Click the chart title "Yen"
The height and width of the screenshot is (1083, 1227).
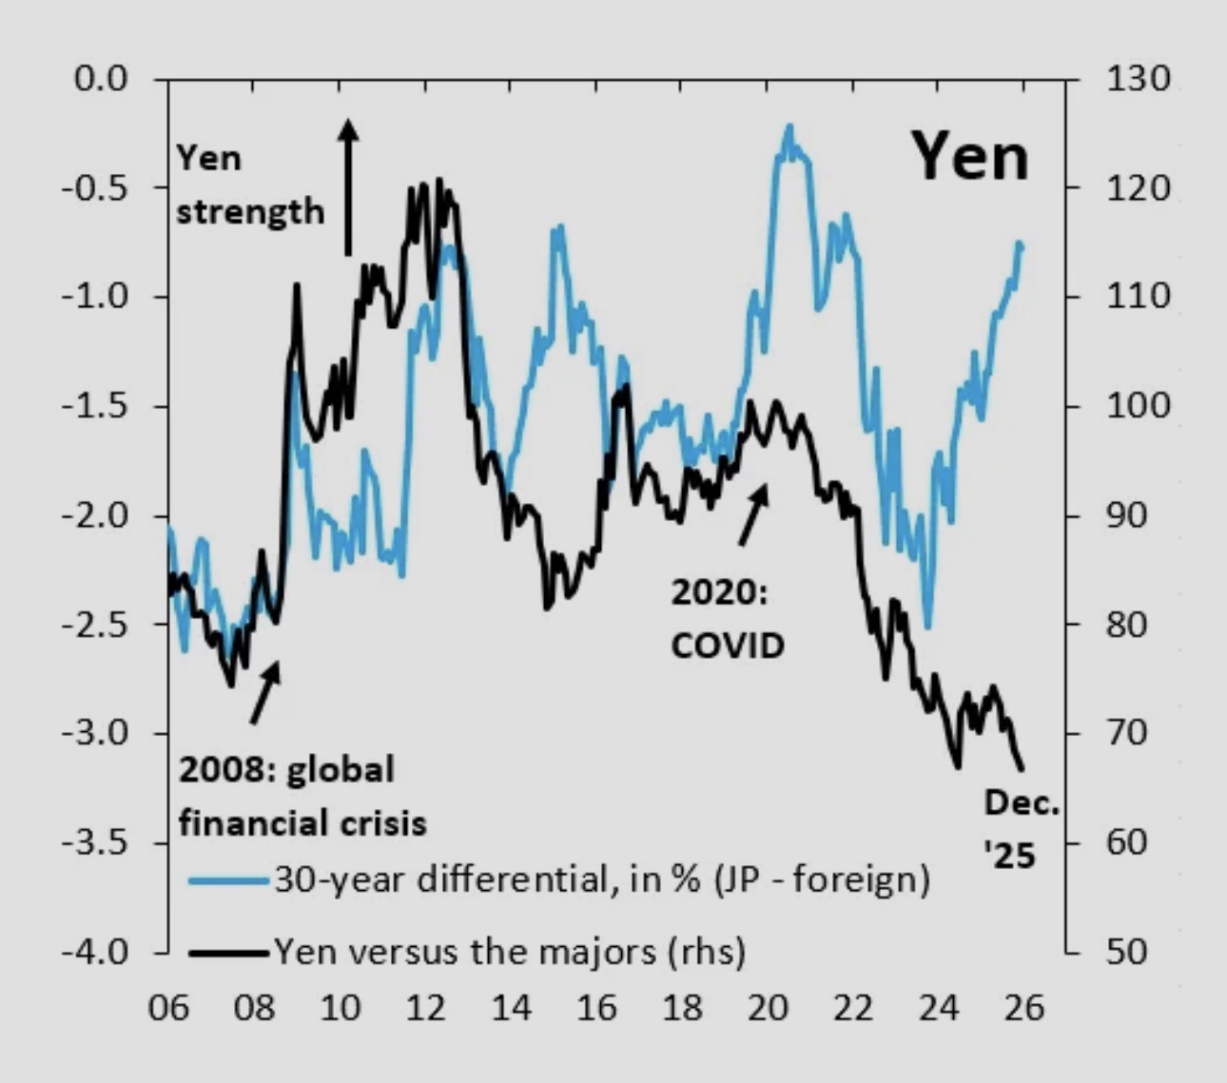[971, 157]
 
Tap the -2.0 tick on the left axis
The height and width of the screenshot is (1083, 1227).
[95, 515]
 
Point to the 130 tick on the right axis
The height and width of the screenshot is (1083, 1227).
[1138, 78]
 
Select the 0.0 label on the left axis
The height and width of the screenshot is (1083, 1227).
[101, 78]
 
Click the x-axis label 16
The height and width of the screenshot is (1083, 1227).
[596, 1007]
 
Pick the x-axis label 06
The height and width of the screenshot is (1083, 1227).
[168, 1007]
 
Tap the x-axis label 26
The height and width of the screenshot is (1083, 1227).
[1024, 1007]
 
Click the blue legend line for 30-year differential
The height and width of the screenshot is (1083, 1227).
[228, 880]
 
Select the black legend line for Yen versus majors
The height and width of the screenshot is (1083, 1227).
[228, 951]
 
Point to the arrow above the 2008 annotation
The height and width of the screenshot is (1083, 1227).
[265, 692]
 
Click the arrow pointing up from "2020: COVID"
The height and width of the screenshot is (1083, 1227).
[754, 514]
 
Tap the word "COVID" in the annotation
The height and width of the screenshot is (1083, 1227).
[728, 646]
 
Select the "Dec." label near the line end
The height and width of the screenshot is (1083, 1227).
[1022, 803]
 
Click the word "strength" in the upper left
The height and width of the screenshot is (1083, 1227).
[250, 211]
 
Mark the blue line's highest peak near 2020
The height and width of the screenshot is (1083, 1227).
[789, 126]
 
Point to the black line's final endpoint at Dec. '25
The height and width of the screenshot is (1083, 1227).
[1022, 769]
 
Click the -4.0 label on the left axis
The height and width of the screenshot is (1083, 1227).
[95, 951]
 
